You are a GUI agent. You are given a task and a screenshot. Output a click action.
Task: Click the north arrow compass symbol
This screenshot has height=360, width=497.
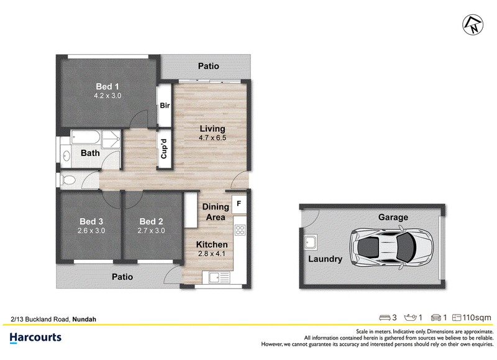coord(473,25)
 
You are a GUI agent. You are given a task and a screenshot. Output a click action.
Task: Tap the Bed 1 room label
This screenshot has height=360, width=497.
coord(107,86)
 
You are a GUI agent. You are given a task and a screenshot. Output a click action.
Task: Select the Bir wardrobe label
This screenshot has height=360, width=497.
coord(165,105)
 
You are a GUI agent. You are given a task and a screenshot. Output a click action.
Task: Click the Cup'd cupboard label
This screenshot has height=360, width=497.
coord(164,149)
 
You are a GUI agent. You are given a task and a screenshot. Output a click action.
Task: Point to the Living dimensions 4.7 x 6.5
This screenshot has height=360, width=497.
coord(212,137)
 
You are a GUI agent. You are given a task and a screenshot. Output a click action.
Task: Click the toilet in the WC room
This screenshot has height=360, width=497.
coord(68,180)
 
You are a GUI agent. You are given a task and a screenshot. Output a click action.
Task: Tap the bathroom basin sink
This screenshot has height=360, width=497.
coord(66,156)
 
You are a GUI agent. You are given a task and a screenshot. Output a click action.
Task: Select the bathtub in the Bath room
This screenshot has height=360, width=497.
coord(86,137)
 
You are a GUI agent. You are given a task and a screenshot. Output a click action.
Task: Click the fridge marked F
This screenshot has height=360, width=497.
coord(239,204)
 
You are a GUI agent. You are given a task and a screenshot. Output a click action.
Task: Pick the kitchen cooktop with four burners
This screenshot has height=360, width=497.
coord(240,229)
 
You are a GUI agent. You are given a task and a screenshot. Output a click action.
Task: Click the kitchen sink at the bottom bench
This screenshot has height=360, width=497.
coord(219,277)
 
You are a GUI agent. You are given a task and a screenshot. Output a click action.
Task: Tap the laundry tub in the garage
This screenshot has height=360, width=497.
coord(310,242)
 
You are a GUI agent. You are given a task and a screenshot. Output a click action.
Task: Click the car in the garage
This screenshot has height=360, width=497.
coord(391,246)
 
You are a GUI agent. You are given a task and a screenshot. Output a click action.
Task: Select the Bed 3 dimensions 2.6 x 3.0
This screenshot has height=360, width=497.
coord(91,231)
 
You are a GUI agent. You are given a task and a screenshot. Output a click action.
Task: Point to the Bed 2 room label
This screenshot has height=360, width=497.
coord(151,221)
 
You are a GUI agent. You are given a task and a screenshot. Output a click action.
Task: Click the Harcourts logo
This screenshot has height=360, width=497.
coord(35,338)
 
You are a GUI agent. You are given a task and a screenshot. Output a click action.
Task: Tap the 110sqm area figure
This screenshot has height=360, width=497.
coord(476,318)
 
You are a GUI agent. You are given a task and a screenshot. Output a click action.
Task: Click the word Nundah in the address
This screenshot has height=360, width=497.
coord(84,320)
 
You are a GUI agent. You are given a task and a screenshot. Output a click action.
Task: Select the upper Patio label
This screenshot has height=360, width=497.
coord(209,66)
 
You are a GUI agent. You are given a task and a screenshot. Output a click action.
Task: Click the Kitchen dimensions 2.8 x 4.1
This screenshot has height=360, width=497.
coord(212,254)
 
